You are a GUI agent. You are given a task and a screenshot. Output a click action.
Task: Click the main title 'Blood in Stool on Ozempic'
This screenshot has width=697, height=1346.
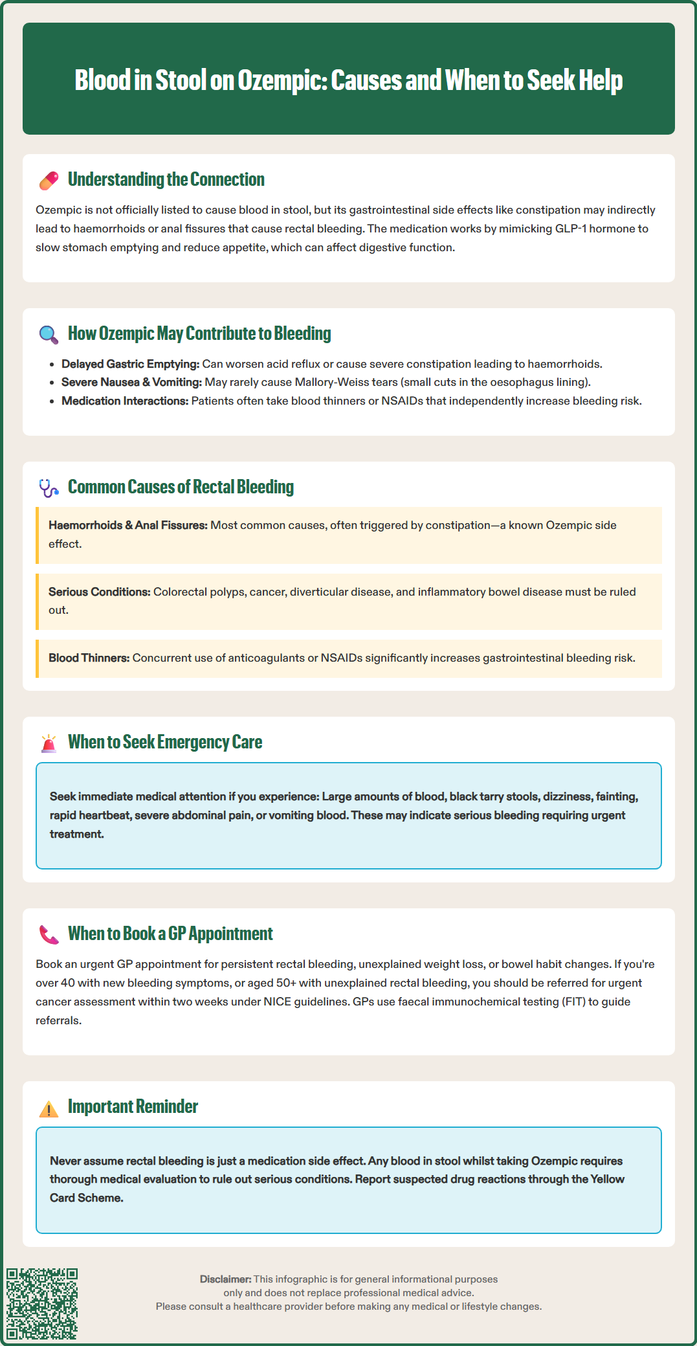[x=348, y=80]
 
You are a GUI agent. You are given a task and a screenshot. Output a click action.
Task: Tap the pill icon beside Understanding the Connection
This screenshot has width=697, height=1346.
[x=49, y=181]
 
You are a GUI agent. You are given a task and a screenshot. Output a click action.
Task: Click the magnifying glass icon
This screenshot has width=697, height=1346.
[x=49, y=334]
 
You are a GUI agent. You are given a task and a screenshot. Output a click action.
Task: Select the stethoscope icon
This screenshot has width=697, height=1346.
[x=49, y=488]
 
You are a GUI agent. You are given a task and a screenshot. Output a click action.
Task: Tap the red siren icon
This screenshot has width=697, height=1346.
[x=49, y=743]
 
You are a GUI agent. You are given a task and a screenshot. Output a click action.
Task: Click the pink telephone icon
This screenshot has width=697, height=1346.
[x=49, y=934]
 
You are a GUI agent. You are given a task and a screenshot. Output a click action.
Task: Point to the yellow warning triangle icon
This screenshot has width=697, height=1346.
[x=49, y=1108]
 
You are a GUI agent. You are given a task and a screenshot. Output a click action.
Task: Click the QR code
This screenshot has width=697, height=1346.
[x=42, y=1303]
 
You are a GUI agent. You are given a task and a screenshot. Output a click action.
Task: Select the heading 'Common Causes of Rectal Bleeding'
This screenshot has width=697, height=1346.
[x=181, y=487]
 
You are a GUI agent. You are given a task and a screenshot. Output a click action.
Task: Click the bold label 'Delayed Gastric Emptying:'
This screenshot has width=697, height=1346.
[x=130, y=364]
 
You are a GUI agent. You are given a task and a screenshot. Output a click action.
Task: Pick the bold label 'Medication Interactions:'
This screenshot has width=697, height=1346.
[x=125, y=401]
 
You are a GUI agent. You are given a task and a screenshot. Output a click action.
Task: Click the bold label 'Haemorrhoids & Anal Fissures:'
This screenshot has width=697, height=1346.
[x=128, y=525]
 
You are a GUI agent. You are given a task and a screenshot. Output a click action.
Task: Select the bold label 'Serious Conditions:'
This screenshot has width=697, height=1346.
[x=100, y=592]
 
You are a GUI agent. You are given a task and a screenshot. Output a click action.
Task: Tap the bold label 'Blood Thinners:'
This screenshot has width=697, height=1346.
[x=89, y=658]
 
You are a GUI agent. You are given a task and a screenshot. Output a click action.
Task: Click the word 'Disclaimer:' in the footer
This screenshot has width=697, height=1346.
[x=225, y=1279]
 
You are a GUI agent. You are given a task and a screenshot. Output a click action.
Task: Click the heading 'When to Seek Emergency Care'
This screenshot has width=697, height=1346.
[x=165, y=742]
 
